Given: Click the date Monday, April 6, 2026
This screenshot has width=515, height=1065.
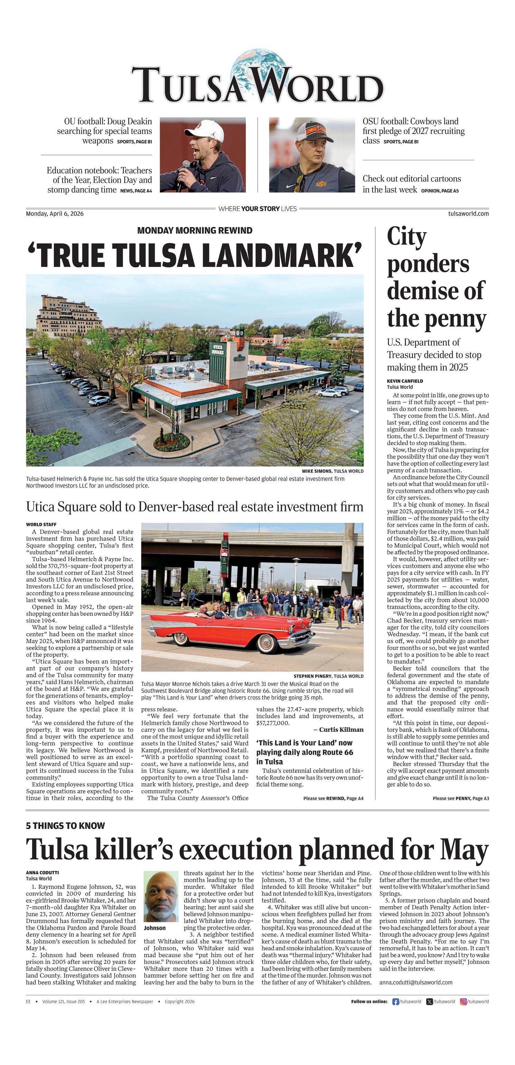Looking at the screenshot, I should [x=55, y=214].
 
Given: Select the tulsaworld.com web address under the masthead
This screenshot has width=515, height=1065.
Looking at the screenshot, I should [x=468, y=214].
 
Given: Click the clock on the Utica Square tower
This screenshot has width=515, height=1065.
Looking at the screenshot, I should [x=239, y=332].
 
